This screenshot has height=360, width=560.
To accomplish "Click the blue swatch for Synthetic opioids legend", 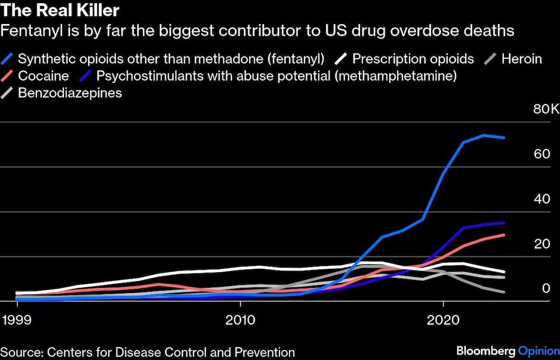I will [8, 59].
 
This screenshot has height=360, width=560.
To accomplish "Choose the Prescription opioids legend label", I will [413, 59].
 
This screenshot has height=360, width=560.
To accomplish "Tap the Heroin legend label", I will [521, 59].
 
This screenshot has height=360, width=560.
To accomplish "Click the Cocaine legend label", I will [43, 76].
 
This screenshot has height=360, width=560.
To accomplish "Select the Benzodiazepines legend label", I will [70, 92].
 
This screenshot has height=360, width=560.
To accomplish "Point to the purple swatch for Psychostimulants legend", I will [86, 76].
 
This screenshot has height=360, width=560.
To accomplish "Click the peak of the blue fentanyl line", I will [484, 135].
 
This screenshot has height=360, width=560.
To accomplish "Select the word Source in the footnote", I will [21, 352].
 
